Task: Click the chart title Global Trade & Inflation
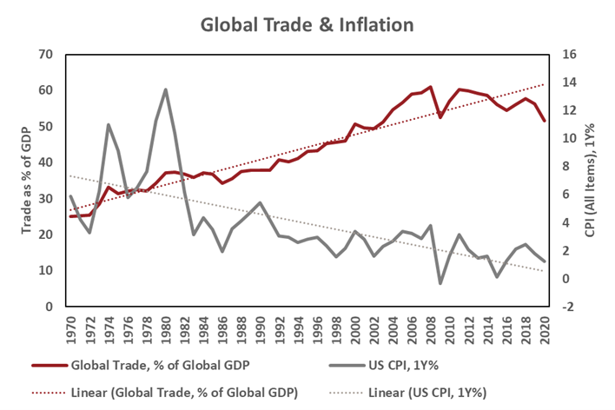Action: pos(307,24)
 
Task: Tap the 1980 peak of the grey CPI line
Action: pos(165,89)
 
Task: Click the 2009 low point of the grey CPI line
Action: pos(440,283)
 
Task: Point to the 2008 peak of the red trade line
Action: pos(431,87)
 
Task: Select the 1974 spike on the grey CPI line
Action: pos(109,124)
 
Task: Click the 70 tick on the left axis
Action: pos(47,54)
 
